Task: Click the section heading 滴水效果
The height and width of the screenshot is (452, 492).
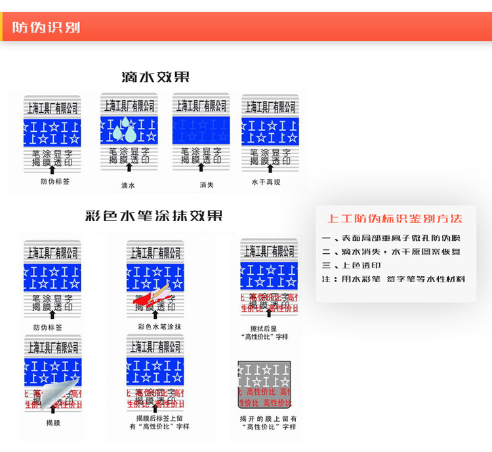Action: pos(155,77)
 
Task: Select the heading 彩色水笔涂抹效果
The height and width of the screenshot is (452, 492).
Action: pos(154,216)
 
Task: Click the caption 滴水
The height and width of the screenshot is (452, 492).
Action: pos(128,186)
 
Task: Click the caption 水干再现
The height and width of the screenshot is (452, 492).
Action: pos(266,182)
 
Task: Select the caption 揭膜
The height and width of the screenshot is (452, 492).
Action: pos(53,423)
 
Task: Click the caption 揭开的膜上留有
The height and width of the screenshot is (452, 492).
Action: pos(268,418)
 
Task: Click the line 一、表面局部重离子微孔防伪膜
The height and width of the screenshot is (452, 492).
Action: pos(391,237)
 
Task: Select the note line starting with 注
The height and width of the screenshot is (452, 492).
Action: pos(394,279)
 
